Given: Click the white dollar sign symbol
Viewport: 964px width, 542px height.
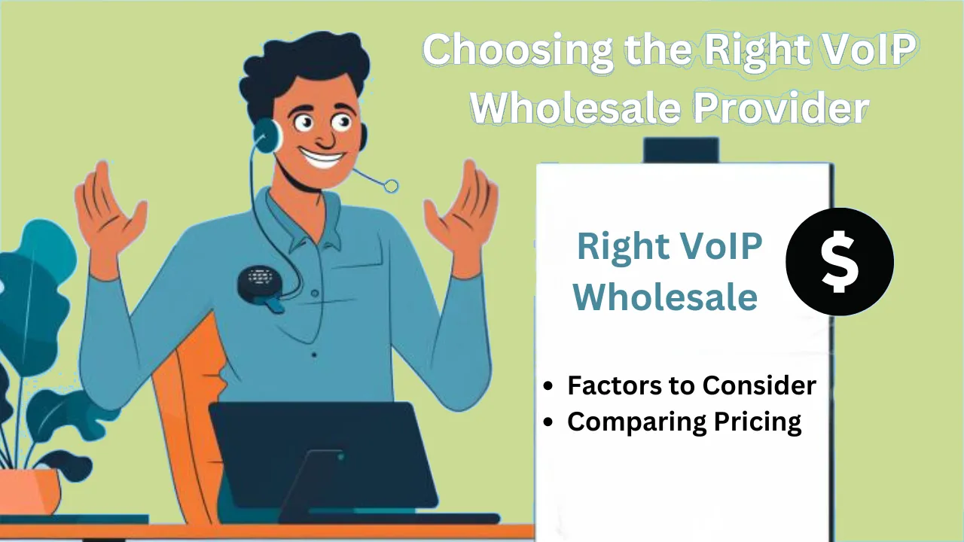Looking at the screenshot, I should pos(839,261).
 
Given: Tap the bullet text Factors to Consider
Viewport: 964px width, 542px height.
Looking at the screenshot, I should pos(691,385).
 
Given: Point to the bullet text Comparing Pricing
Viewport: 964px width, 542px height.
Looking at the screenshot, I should pos(684,422).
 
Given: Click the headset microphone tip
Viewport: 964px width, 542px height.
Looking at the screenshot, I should pos(391,186).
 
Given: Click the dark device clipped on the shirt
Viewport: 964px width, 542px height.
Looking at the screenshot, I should pos(258,283).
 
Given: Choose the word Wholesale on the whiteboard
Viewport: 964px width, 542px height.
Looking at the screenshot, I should pos(665,297).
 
